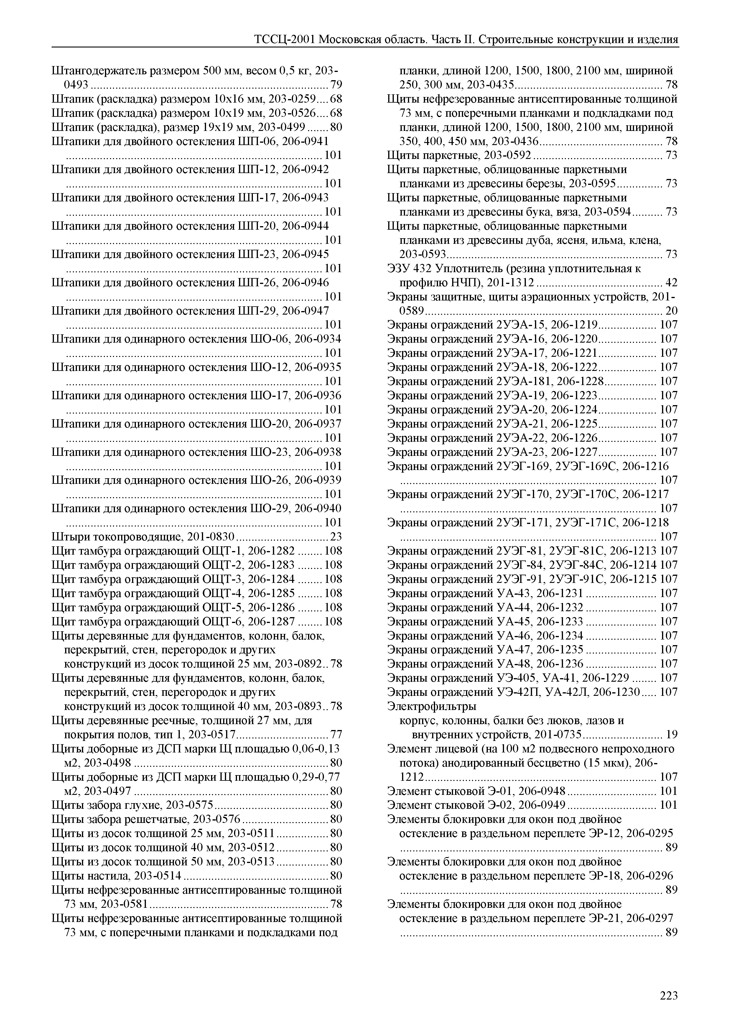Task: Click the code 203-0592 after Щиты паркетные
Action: tap(509, 155)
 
